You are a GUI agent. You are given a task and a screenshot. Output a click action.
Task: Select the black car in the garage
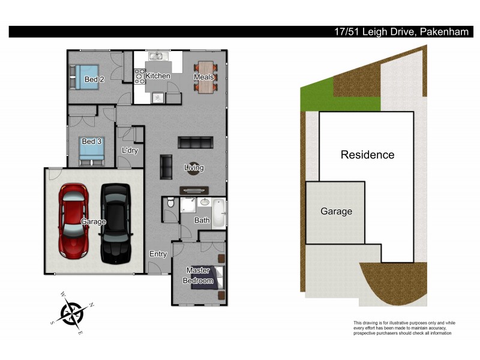(115, 223)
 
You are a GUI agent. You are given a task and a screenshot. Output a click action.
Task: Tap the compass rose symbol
(72, 313)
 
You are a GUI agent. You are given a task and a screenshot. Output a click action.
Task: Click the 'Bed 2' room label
(94, 79)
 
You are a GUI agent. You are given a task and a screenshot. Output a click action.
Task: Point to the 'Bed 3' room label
(91, 142)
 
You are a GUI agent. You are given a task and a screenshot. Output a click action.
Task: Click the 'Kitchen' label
(158, 76)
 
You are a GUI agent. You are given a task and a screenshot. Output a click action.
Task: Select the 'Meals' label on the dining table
(203, 77)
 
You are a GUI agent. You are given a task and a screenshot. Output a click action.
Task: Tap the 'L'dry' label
(130, 151)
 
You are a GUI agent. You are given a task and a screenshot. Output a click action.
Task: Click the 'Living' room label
(194, 168)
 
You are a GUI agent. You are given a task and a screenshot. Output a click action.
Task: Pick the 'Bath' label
(202, 220)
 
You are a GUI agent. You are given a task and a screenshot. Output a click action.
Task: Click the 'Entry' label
(158, 254)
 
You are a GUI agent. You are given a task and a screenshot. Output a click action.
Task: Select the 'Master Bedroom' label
(199, 275)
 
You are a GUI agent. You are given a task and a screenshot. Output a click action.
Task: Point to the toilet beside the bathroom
(170, 204)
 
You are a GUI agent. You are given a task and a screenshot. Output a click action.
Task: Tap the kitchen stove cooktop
(140, 76)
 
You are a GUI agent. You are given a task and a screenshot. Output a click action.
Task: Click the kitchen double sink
(157, 57)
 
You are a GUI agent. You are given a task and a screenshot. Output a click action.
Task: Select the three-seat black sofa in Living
(195, 143)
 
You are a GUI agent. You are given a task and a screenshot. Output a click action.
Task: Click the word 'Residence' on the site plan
(367, 155)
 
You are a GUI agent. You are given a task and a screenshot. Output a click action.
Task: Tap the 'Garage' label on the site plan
(336, 211)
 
